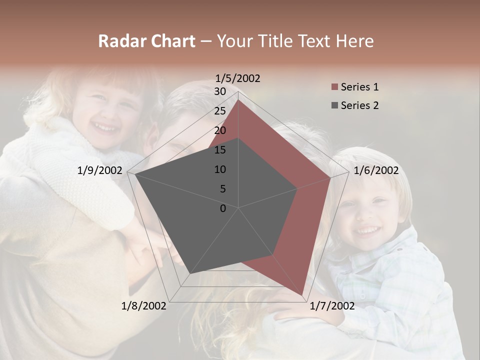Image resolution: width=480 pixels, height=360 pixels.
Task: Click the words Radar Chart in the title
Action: point(146,41)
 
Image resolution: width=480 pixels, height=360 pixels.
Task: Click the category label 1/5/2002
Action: point(238,78)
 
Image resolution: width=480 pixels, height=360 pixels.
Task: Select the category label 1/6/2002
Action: point(376,170)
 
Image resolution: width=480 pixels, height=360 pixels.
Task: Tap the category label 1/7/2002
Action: point(332,306)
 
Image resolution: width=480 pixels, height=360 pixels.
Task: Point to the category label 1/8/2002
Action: point(143,306)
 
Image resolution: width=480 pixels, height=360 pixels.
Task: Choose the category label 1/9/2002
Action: point(100,170)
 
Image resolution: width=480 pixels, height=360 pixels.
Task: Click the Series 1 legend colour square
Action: point(334,87)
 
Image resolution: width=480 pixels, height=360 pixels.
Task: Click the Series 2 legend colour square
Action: point(334,105)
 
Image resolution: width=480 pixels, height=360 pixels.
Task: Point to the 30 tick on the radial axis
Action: point(220,91)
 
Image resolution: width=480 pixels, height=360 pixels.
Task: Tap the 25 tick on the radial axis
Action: point(220,111)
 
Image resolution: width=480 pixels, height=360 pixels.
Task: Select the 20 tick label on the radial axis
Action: point(220,130)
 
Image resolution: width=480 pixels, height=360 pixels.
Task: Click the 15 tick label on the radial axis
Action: point(220,150)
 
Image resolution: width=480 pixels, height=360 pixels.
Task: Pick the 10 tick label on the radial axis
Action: point(220,169)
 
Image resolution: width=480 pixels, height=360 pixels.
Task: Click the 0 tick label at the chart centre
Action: point(223,208)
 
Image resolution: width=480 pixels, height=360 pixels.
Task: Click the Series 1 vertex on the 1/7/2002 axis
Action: point(302,295)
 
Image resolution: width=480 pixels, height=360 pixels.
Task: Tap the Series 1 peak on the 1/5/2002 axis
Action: point(238,99)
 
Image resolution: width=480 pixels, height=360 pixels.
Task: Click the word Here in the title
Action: point(355,41)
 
